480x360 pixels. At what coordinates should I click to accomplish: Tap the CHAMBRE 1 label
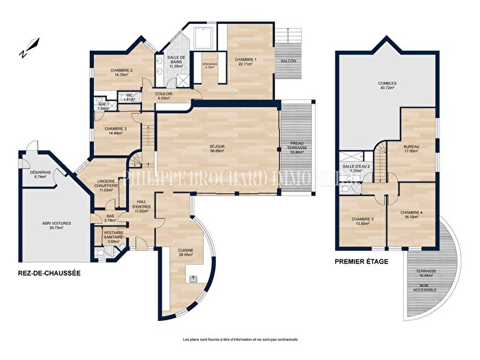pos(246,60)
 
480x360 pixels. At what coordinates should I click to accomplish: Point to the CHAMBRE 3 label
pos(116,128)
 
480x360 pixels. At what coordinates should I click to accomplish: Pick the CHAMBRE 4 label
pos(411,213)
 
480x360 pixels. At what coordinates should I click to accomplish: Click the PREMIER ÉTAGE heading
pos(361,261)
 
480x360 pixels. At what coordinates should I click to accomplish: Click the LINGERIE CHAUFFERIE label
pos(107,182)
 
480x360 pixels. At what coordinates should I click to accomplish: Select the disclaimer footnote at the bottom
pos(240,340)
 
